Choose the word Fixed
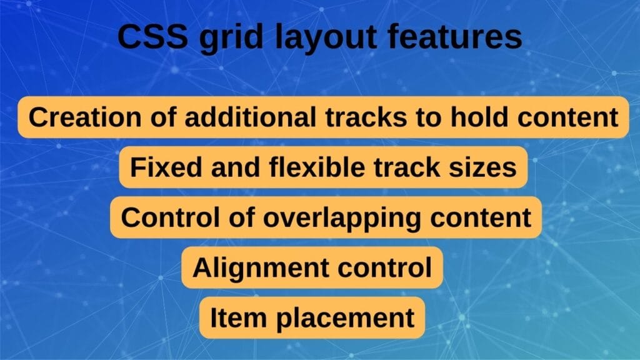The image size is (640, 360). tap(159, 167)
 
